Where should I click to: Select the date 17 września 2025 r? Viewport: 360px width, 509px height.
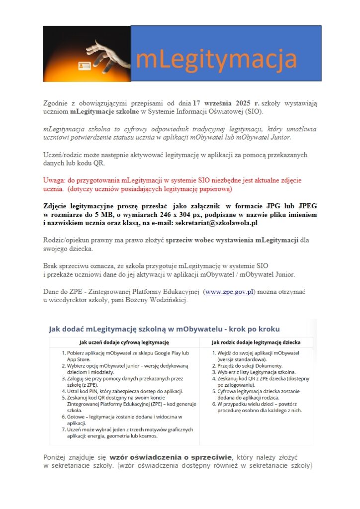pyautogui.click(x=226, y=103)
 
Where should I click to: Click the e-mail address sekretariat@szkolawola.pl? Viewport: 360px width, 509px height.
pyautogui.click(x=216, y=224)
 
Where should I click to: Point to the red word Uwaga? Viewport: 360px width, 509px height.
pyautogui.click(x=55, y=180)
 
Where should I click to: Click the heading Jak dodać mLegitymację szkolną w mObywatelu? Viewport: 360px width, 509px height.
pyautogui.click(x=164, y=329)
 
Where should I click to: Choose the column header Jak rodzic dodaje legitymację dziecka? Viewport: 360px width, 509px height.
pyautogui.click(x=256, y=342)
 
